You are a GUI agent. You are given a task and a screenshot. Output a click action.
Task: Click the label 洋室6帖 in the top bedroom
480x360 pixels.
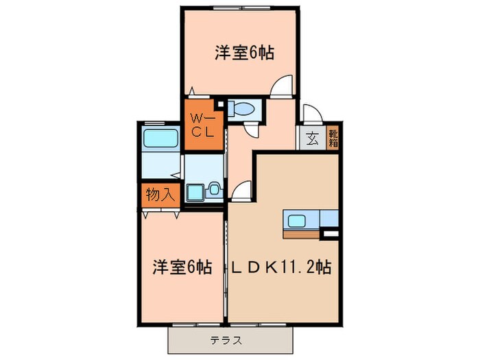tap(239, 54)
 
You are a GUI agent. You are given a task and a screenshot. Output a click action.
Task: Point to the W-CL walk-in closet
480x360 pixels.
tap(203, 125)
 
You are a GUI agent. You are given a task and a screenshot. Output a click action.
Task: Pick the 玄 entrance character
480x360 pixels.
tap(312, 139)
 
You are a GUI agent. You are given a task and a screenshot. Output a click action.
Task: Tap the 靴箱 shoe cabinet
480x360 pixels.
tap(333, 139)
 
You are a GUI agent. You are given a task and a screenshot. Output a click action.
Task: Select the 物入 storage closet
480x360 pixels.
tap(160, 195)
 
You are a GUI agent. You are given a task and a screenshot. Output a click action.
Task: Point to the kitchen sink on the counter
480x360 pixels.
tap(298, 220)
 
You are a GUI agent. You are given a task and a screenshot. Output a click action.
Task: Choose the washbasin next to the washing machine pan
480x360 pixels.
tap(215, 188)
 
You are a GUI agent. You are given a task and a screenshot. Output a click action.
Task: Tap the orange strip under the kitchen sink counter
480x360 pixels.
tap(301, 233)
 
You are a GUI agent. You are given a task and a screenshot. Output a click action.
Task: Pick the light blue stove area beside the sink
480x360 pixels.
tap(329, 219)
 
